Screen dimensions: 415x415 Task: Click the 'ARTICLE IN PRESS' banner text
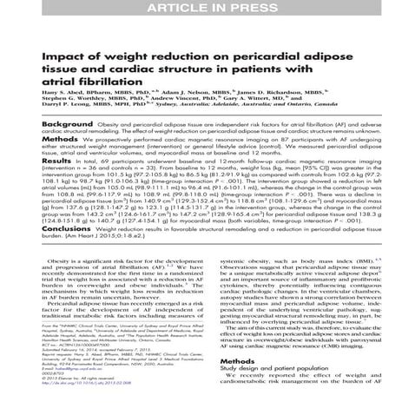click(207, 8)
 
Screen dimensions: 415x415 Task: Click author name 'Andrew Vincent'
click(199, 98)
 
